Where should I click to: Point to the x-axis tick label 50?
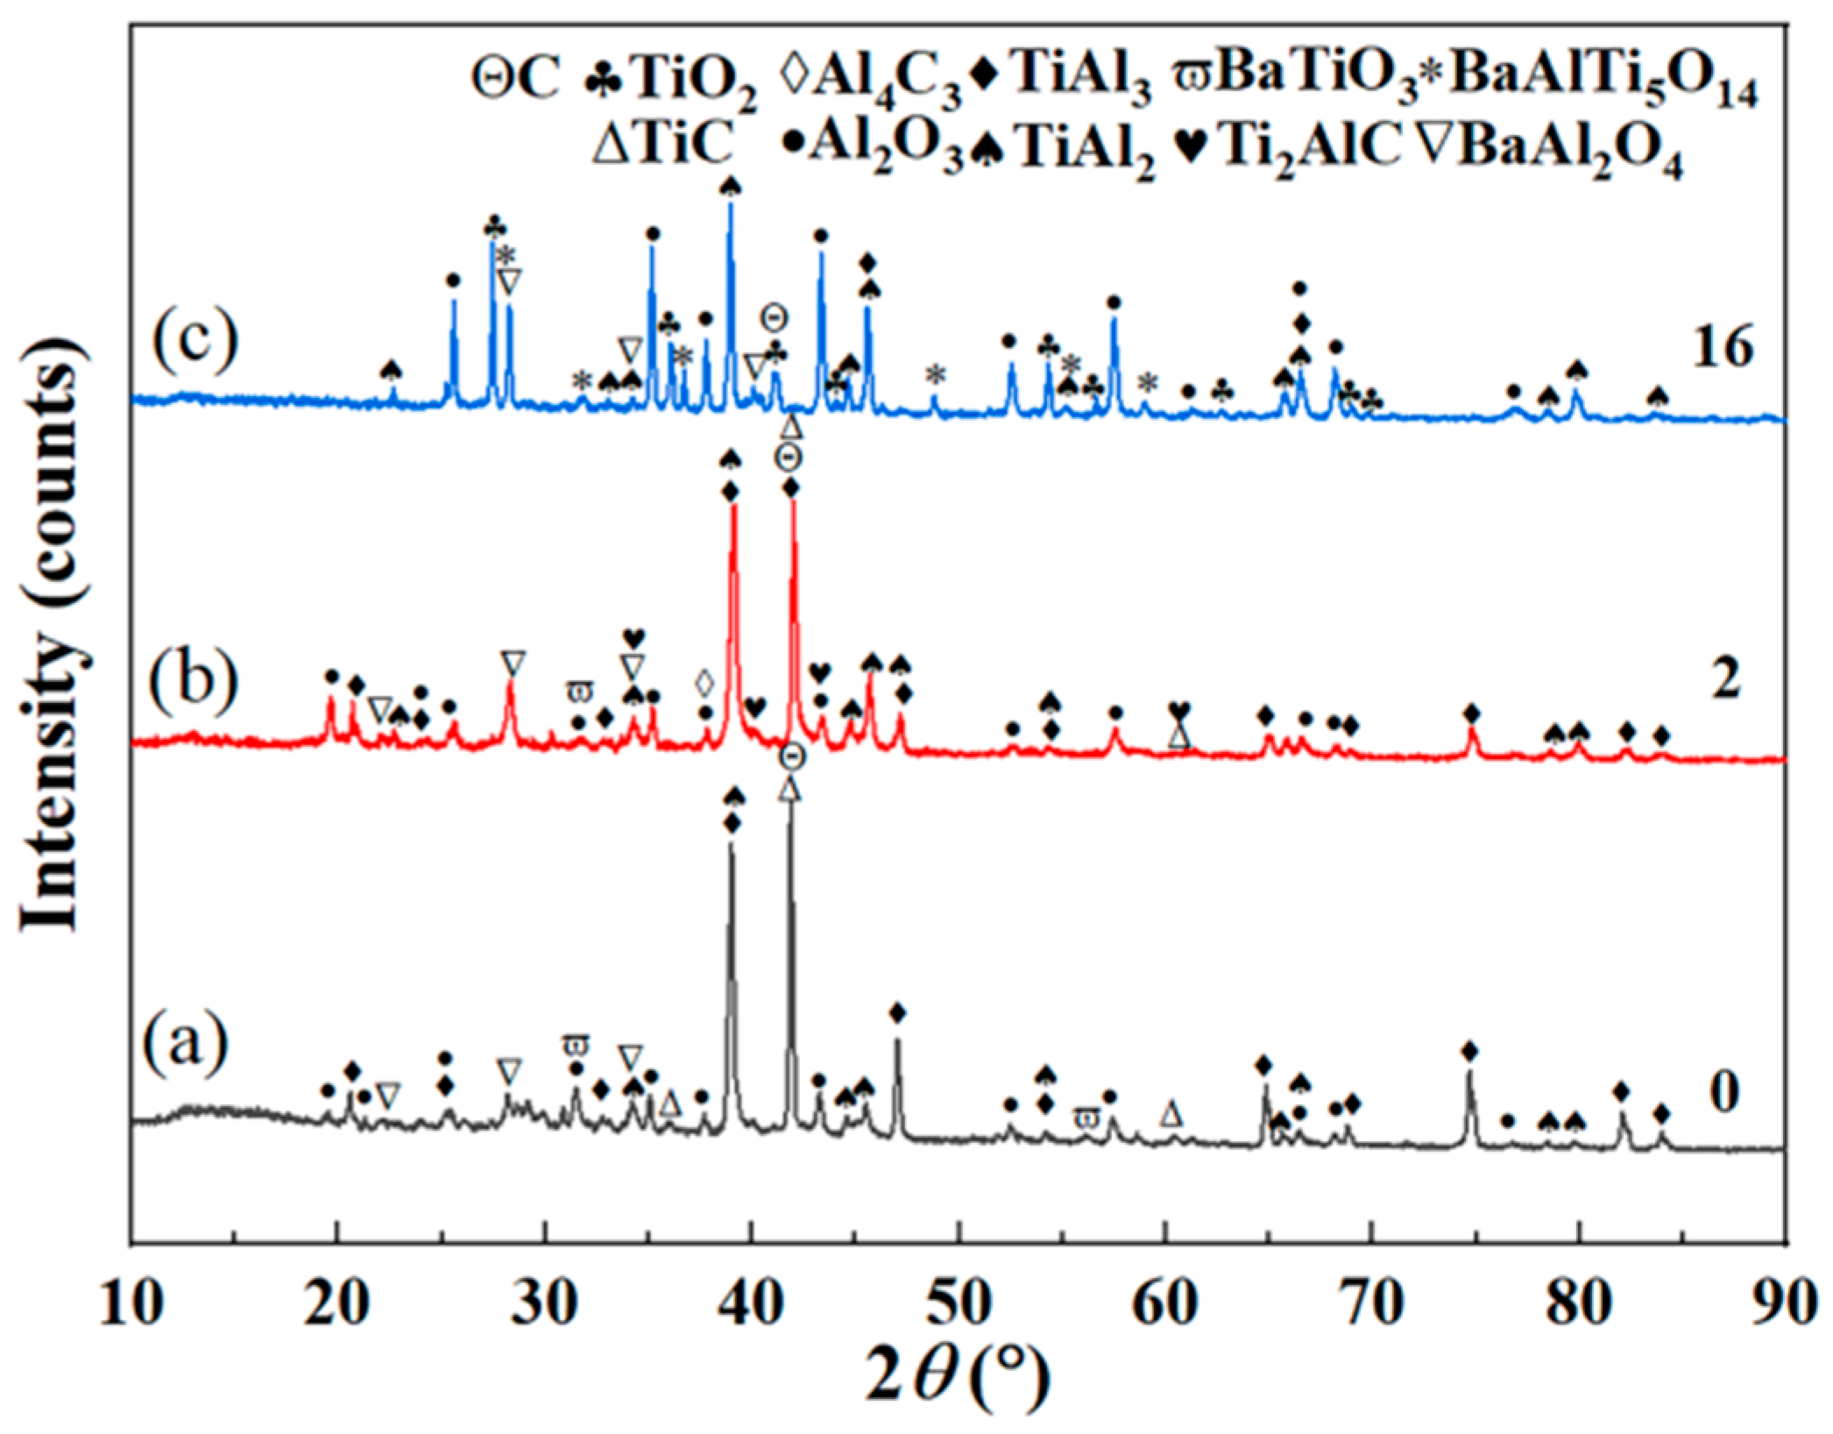(960, 1305)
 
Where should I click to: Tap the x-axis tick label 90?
(1787, 1305)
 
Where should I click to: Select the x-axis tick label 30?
(545, 1305)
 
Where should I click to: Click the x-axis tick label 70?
(1374, 1305)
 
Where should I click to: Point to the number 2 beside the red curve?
(1725, 679)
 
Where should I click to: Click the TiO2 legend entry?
(670, 86)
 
